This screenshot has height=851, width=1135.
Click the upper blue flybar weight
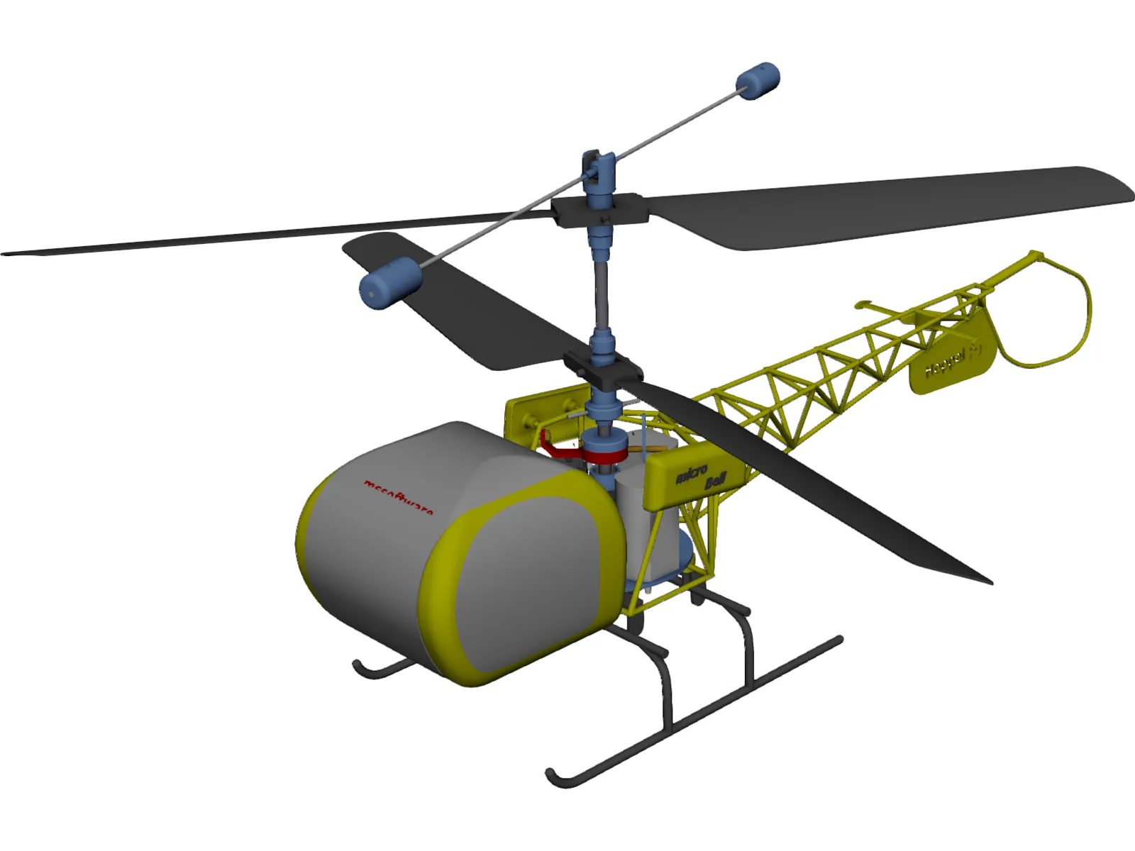(758, 80)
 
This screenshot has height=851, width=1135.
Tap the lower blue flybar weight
(389, 282)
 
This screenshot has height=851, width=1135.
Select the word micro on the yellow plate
(691, 472)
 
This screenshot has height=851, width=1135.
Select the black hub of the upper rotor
(599, 210)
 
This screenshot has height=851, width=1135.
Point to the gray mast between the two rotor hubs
(602, 291)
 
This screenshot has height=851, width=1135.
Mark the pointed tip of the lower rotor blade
(990, 582)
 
